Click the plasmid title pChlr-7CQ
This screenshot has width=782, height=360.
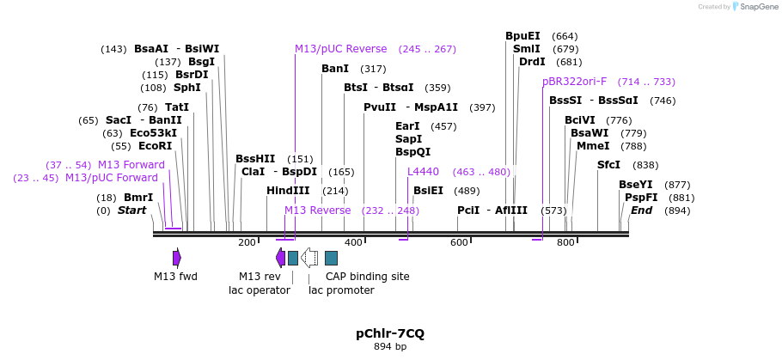(390, 333)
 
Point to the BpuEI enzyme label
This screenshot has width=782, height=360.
(522, 36)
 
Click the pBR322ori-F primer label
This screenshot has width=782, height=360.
(574, 82)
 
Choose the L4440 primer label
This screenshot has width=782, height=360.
(423, 172)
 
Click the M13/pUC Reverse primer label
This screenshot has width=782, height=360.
(340, 49)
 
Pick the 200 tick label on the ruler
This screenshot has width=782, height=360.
(247, 242)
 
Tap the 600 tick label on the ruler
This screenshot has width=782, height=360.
(459, 242)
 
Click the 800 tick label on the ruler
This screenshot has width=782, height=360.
(565, 242)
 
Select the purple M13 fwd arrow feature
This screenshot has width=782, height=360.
(176, 258)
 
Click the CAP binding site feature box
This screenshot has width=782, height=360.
(331, 258)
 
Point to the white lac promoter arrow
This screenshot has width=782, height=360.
(310, 258)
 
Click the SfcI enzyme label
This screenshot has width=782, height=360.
(608, 165)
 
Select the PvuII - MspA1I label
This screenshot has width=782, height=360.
(411, 107)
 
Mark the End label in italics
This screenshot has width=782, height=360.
(641, 211)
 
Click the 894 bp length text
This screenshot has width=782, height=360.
(390, 346)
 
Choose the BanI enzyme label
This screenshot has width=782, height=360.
(335, 69)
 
